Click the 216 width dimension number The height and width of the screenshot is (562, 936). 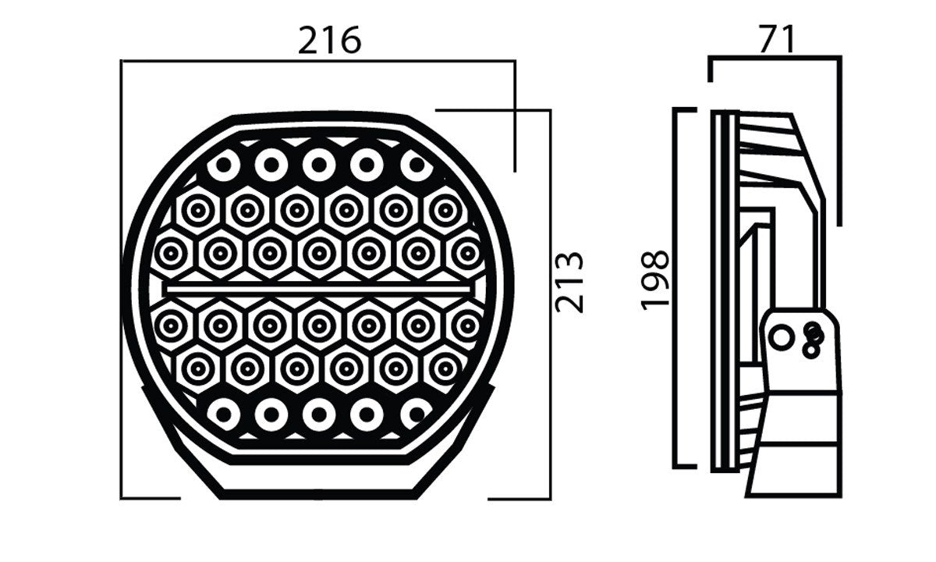pos(329,41)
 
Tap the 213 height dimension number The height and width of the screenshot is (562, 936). pos(569,283)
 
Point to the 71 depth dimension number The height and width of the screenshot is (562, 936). pos(777,39)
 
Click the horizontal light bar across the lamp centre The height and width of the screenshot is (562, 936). pos(318,290)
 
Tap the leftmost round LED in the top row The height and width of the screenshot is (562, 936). pos(224,165)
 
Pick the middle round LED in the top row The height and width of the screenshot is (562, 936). pos(319,165)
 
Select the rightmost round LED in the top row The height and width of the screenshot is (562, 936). pos(417,165)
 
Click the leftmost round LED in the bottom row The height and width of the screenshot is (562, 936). pos(224,414)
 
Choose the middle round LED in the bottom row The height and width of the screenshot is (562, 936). pos(319,414)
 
